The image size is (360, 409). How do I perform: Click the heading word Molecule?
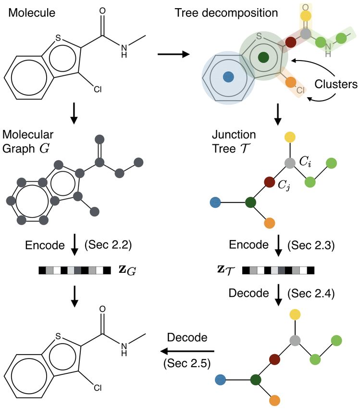pos(32,13)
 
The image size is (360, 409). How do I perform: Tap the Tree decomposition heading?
pos(226,13)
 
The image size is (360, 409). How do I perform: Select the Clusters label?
pos(336,84)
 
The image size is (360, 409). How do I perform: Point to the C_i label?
pos(305,162)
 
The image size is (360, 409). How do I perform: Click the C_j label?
pos(284,185)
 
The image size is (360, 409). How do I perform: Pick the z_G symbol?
pos(127,270)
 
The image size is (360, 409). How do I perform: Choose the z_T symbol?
pos(226,270)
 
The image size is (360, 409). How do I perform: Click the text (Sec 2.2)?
pos(108,244)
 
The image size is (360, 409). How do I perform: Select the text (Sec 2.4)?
pos(311,294)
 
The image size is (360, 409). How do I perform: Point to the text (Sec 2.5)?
pos(187,363)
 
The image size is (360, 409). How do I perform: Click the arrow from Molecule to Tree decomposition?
pos(174,54)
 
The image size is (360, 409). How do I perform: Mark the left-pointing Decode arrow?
pos(187,351)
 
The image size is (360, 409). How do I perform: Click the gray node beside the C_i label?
pos(290,163)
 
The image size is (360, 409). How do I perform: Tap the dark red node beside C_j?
pos(270,182)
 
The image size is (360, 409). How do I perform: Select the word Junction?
pos(234,135)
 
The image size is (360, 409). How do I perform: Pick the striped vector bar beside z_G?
pos(75,270)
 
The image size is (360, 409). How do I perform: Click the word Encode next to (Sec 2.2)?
pos(45,245)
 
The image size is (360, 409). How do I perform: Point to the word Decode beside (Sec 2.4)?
pos(248,293)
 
